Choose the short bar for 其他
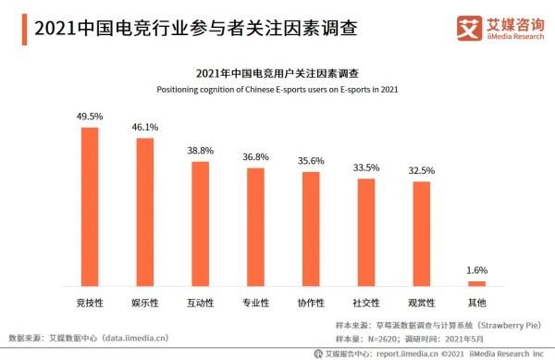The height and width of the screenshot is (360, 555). [x=476, y=283]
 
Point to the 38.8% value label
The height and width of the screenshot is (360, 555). [x=200, y=151]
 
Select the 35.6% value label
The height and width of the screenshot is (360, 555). [x=311, y=161]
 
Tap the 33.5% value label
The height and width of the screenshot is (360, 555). [x=366, y=168]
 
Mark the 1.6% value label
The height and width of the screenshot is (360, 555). [x=476, y=270]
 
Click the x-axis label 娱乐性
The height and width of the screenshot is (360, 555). [x=145, y=303]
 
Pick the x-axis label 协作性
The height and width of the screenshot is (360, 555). [x=311, y=303]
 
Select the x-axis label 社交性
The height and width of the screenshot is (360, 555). [x=366, y=303]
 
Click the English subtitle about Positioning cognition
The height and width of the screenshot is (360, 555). [x=277, y=89]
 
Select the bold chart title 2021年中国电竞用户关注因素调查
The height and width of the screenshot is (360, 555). [x=277, y=73]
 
